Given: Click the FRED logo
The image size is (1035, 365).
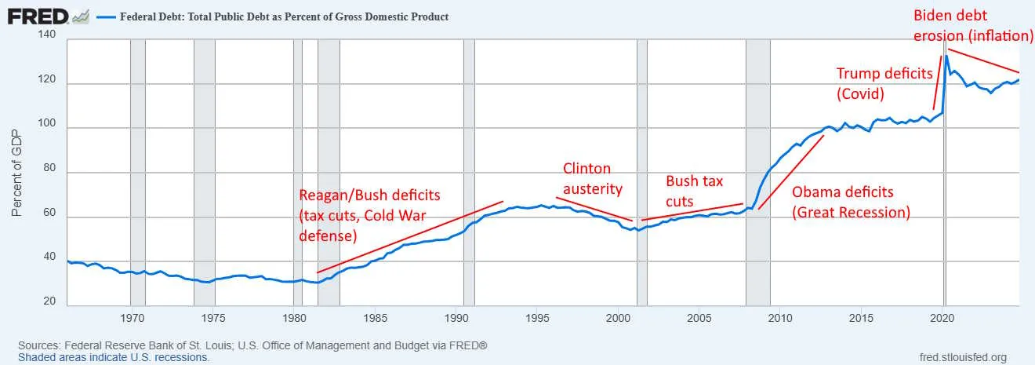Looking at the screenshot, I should tap(35, 16).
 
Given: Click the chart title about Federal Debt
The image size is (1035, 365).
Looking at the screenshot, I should tap(284, 16).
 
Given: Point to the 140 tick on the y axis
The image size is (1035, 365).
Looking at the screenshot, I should tap(48, 36).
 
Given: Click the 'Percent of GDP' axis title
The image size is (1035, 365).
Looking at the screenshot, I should tap(16, 172).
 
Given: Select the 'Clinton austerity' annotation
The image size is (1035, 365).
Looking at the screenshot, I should tap(593, 178).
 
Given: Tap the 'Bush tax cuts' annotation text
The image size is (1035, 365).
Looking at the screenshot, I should tap(694, 191).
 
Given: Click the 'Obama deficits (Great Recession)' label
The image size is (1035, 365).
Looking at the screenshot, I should tap(851, 202).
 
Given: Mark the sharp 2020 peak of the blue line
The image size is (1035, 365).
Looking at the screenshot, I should tap(946, 56).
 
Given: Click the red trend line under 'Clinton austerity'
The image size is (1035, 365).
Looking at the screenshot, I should tap(594, 209).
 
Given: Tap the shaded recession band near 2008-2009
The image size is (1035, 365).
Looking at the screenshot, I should tap(758, 173).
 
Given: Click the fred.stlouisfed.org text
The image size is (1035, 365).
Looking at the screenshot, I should tap(962, 356).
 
